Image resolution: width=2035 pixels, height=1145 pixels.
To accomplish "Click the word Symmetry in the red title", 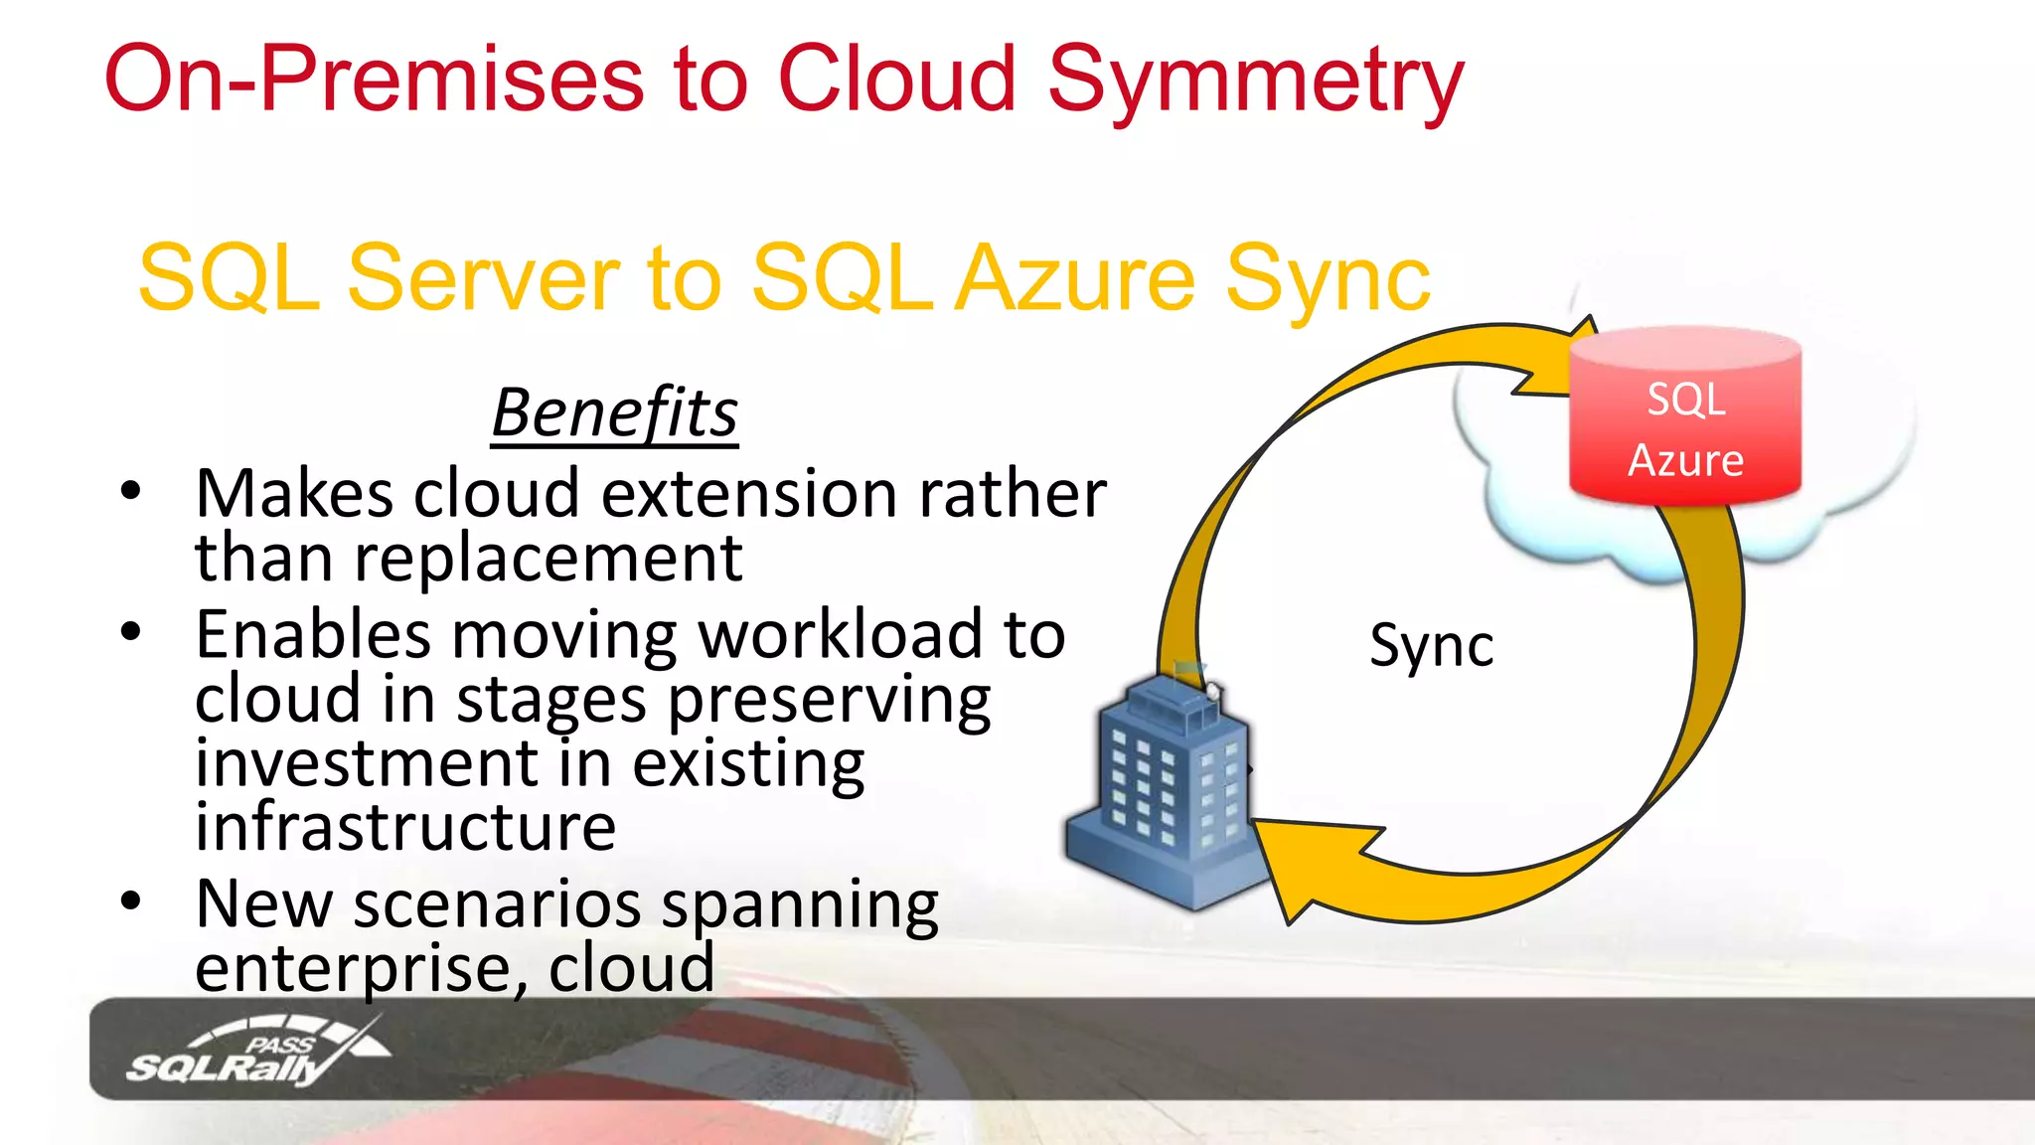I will [1255, 80].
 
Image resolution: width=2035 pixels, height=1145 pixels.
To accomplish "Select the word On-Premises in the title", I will [375, 80].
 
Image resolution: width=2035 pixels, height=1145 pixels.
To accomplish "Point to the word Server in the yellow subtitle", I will [483, 279].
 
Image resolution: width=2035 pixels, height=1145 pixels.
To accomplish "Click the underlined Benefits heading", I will [614, 413].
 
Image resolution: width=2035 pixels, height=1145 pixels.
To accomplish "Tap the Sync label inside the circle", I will [1431, 646].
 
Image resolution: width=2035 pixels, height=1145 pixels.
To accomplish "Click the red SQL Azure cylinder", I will [1684, 417].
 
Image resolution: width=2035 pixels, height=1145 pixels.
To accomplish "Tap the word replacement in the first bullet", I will [548, 559].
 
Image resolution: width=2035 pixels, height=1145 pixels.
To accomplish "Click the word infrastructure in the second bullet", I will [405, 827].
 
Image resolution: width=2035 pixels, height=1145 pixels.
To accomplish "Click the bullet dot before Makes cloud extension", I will [130, 491].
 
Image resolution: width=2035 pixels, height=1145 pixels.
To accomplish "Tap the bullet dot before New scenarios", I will [130, 900].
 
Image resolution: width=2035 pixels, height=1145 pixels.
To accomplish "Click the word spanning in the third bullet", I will [800, 906].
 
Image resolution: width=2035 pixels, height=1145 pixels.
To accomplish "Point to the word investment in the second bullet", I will [367, 763].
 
